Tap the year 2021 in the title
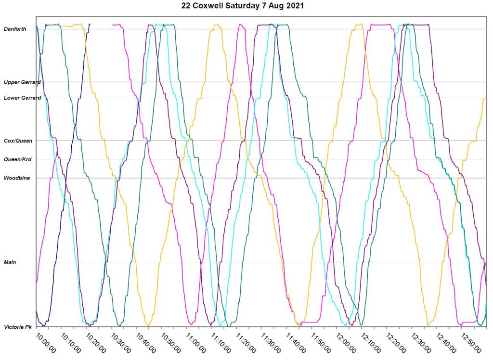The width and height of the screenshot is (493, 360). (295, 6)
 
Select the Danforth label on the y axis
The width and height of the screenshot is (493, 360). (15, 29)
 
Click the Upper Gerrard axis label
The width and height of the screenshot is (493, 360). (22, 82)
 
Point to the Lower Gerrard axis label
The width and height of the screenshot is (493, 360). (22, 98)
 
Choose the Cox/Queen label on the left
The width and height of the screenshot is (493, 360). (18, 141)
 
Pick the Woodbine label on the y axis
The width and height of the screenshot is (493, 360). (17, 178)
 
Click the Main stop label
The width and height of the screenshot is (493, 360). (10, 262)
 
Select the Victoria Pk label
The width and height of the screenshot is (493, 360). (18, 327)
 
